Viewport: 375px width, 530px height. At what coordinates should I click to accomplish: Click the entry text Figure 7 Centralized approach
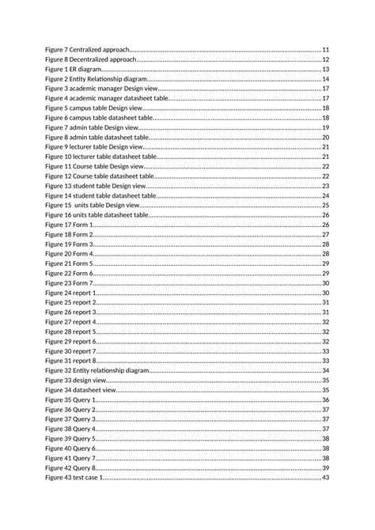[86, 50]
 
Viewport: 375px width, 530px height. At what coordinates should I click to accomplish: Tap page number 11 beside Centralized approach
[325, 50]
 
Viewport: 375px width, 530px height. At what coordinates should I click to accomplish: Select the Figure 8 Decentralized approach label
[90, 59]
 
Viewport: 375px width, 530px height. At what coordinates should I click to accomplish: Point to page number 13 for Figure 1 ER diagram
[325, 70]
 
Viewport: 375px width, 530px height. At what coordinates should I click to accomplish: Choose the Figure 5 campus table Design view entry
[93, 108]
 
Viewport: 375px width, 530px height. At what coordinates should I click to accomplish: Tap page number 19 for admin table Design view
[325, 127]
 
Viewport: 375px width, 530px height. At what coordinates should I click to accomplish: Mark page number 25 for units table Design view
[325, 205]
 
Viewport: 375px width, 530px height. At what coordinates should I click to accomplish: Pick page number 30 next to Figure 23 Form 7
[325, 283]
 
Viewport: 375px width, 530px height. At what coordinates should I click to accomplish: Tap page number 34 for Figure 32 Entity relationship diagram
[325, 370]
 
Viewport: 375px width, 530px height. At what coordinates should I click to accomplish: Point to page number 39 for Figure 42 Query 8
[325, 468]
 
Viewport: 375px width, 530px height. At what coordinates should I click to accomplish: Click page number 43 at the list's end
[325, 478]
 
